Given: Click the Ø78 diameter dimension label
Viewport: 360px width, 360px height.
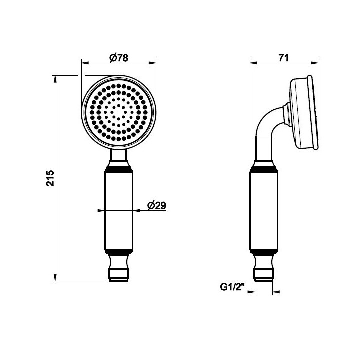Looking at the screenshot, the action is click(x=119, y=58).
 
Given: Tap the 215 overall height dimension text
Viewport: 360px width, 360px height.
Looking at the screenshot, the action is click(x=50, y=178).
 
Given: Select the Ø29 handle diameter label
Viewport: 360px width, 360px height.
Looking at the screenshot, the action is click(x=157, y=205).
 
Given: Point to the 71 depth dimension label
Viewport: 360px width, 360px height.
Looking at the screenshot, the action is click(x=283, y=58).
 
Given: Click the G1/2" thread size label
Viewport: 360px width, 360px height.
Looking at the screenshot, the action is click(x=233, y=287).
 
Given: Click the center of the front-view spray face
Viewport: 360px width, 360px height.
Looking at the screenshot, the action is click(x=118, y=112).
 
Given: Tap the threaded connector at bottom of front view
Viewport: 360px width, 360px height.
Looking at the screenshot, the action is click(x=118, y=275).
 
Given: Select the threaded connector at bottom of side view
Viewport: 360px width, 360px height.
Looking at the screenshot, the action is click(x=264, y=275).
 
